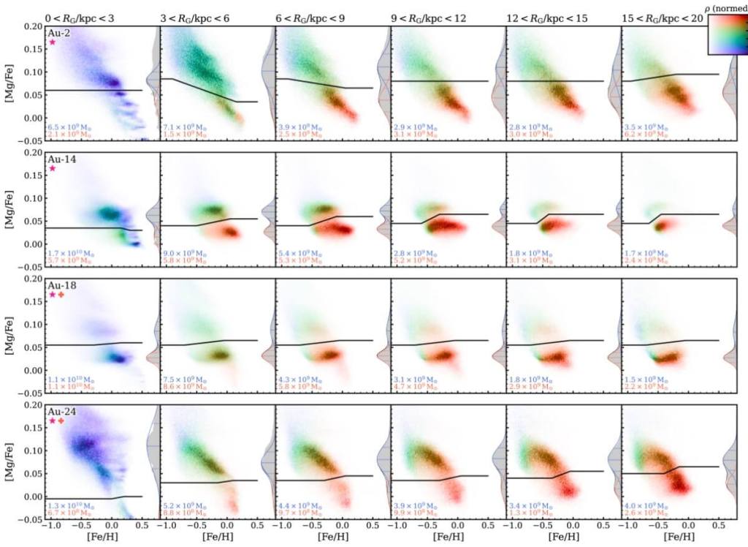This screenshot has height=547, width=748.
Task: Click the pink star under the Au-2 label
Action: click(x=53, y=43)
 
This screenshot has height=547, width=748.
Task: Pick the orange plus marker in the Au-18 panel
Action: click(x=61, y=295)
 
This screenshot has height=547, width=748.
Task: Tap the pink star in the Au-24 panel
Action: click(x=53, y=421)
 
